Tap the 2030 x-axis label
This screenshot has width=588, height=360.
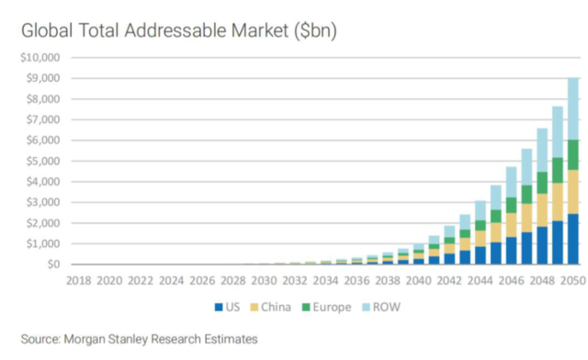tap(264, 279)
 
